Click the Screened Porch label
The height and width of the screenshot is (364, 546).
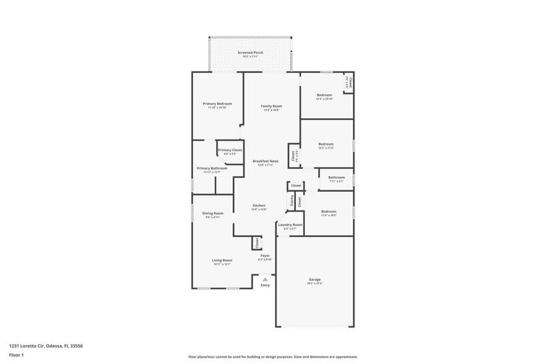(250, 53)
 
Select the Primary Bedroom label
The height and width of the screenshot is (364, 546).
(217, 103)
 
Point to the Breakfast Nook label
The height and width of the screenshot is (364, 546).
(265, 161)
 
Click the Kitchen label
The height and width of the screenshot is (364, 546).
(259, 206)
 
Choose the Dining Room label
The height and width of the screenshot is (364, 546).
(212, 214)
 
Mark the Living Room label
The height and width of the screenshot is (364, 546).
(222, 260)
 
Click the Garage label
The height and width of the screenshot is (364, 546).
(314, 279)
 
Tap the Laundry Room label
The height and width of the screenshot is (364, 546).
(290, 225)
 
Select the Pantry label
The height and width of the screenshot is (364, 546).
(288, 201)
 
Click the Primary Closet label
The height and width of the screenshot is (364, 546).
(230, 150)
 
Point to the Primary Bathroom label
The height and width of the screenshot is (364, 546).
(212, 168)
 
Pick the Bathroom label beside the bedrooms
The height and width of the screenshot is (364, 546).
(336, 178)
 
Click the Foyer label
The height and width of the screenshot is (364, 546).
(264, 255)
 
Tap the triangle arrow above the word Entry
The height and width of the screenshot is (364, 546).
(265, 280)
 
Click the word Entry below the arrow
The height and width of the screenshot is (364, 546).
(265, 285)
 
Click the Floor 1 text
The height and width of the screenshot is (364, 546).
(16, 355)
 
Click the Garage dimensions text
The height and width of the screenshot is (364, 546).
(314, 284)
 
